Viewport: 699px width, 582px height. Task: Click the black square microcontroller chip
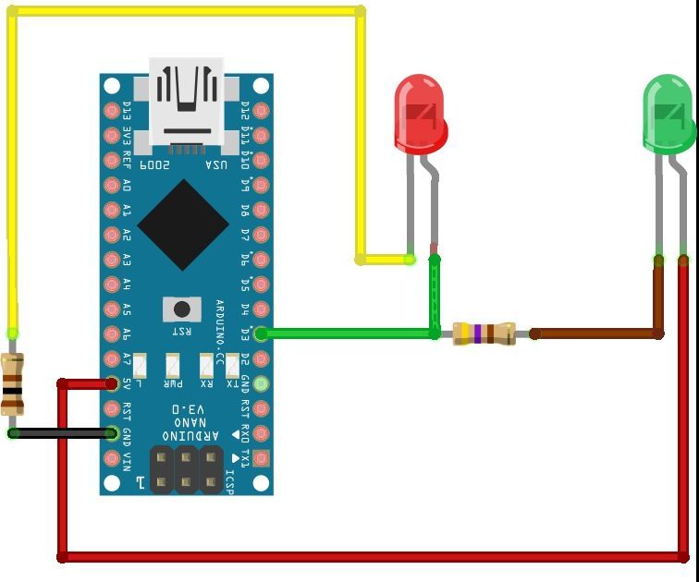click(x=183, y=224)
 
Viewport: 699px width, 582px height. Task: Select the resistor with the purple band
click(x=484, y=333)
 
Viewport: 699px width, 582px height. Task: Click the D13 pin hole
click(x=113, y=112)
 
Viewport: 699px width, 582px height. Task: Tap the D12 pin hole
click(x=261, y=112)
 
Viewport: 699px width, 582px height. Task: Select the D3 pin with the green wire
click(x=261, y=333)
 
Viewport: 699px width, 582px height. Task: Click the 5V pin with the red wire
click(x=113, y=383)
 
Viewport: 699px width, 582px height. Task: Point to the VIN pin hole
click(x=113, y=457)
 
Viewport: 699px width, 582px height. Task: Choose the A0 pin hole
click(x=113, y=186)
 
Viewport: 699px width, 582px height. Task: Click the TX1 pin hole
click(x=261, y=457)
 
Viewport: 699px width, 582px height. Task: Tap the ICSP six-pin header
click(x=187, y=468)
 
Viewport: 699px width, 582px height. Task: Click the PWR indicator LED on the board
click(x=173, y=365)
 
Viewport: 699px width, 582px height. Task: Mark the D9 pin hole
click(x=261, y=186)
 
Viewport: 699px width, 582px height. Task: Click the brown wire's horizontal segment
click(x=596, y=333)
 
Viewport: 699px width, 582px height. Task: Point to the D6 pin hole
click(x=261, y=260)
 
